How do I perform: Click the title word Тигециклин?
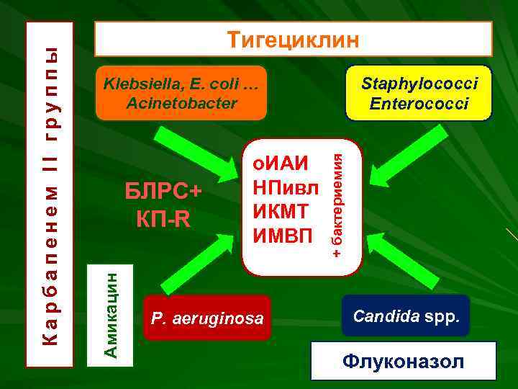(x=293, y=40)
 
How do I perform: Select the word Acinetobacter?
(x=181, y=103)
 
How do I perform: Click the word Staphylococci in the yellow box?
(x=419, y=84)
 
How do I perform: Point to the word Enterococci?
(x=419, y=103)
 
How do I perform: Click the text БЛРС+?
(x=164, y=193)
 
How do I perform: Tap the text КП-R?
(x=164, y=218)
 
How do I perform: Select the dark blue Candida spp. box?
(x=406, y=316)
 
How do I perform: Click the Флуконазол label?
(x=403, y=361)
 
